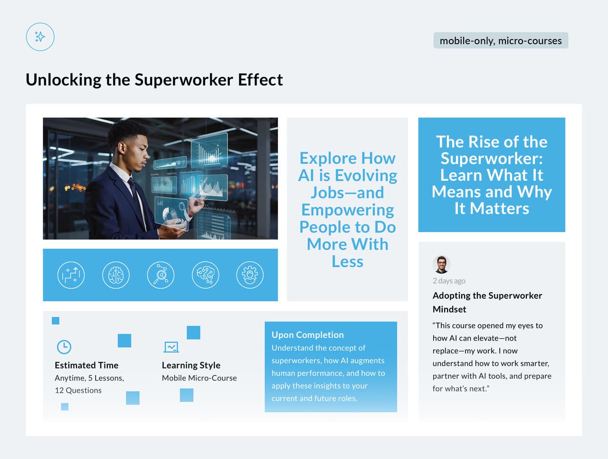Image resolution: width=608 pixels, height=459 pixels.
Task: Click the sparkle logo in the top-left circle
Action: pos(40,37)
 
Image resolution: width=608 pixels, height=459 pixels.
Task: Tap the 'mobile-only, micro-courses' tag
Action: pos(501,41)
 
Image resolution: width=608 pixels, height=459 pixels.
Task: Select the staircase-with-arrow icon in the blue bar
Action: pos(71,275)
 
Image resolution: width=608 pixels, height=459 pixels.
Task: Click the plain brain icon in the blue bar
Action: pos(116,275)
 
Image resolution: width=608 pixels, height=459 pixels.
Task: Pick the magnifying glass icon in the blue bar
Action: pos(161,275)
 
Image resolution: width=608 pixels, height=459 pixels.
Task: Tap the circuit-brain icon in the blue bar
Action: pos(205,275)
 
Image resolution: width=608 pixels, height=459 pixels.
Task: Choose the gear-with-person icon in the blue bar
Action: pos(250,275)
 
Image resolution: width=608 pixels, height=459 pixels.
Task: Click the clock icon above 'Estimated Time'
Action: pos(64,347)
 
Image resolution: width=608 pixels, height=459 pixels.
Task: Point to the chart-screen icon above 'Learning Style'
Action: pos(171,347)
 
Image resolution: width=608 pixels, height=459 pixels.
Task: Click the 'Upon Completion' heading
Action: pos(308,335)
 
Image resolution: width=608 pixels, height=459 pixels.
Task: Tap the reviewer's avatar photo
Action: pos(441,264)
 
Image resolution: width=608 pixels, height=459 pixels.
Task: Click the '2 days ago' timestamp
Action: pos(449,281)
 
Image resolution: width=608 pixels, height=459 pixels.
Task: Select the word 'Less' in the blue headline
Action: pos(347,262)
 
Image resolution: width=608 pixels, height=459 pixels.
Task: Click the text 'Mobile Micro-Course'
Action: pos(199,378)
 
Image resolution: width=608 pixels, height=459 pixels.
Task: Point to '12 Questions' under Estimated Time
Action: pos(78,391)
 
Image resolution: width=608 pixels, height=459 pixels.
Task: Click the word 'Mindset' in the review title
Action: pos(449,309)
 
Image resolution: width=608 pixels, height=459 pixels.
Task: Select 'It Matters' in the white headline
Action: pos(492,209)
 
